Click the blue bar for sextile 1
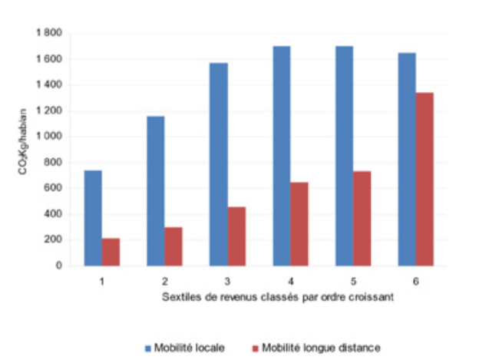coord(93,218)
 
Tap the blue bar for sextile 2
coord(156,191)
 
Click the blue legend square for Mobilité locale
coord(151,348)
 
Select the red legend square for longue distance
coord(255,348)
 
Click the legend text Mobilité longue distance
coord(320,348)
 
